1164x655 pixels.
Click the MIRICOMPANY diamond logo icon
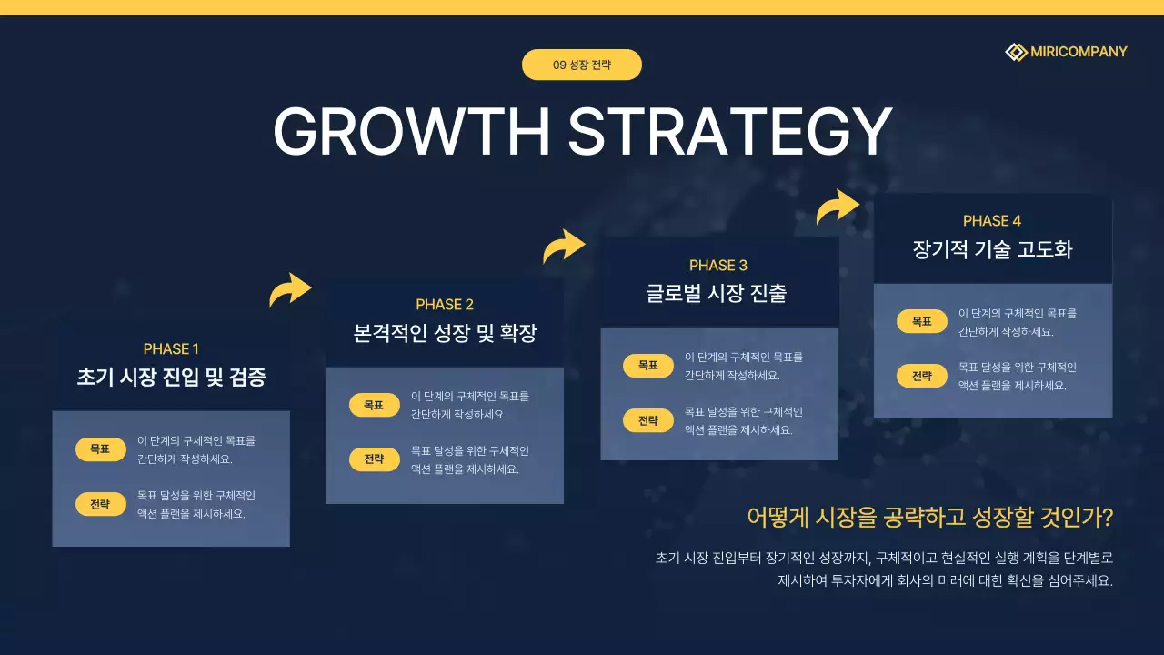1016,52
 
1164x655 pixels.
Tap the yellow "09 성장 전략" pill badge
582,65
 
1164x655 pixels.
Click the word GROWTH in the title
412,132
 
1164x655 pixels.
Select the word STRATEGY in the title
730,132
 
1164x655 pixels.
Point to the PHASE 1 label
171,349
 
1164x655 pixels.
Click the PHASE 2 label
445,305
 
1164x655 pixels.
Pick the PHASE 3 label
718,266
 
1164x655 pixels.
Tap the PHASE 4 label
992,221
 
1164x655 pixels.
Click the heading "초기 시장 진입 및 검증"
171,378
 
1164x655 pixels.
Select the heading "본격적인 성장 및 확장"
445,334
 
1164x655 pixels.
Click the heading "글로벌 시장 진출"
718,293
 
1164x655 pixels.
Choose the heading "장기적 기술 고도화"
992,249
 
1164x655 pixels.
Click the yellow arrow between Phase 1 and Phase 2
290,290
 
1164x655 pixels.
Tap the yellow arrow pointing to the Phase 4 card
838,207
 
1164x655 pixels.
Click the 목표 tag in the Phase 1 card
101,449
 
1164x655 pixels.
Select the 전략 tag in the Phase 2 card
375,459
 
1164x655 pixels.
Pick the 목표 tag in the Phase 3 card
648,366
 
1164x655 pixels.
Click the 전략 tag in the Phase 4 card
922,376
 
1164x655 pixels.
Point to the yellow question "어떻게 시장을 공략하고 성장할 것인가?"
929,518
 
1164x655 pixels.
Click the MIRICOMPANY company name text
1079,52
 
